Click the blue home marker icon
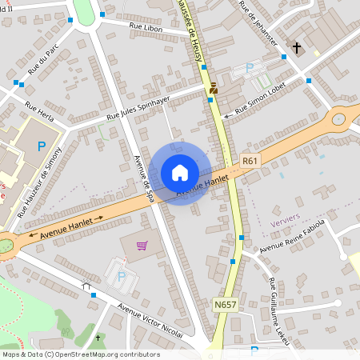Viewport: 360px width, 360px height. pos(180,173)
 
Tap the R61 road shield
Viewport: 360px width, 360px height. pos(250,160)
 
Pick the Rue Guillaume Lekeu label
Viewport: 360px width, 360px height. pos(278,310)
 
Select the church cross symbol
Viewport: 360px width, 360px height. pos(297,48)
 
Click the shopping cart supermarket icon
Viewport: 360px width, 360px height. pos(142,246)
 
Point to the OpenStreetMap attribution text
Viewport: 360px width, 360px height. pos(81,354)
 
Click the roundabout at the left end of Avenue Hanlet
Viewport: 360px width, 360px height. pos(5,244)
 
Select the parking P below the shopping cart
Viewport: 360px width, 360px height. pos(122,276)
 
